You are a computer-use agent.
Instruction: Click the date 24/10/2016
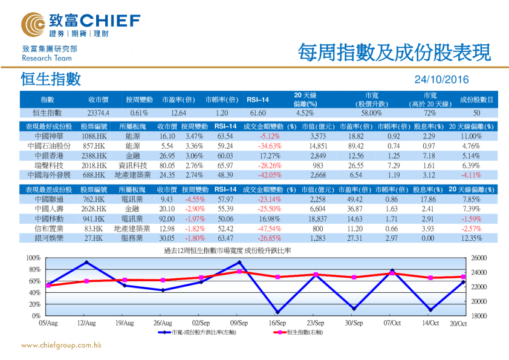coord(441,79)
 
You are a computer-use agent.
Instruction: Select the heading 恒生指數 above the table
coord(50,79)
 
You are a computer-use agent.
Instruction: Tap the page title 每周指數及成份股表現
coord(394,53)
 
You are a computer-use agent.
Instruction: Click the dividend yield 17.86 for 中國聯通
coord(428,199)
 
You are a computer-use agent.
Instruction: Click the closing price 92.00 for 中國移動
coord(167,218)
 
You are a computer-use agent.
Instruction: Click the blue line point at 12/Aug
coord(86,263)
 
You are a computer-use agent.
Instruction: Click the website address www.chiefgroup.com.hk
coord(61,346)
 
